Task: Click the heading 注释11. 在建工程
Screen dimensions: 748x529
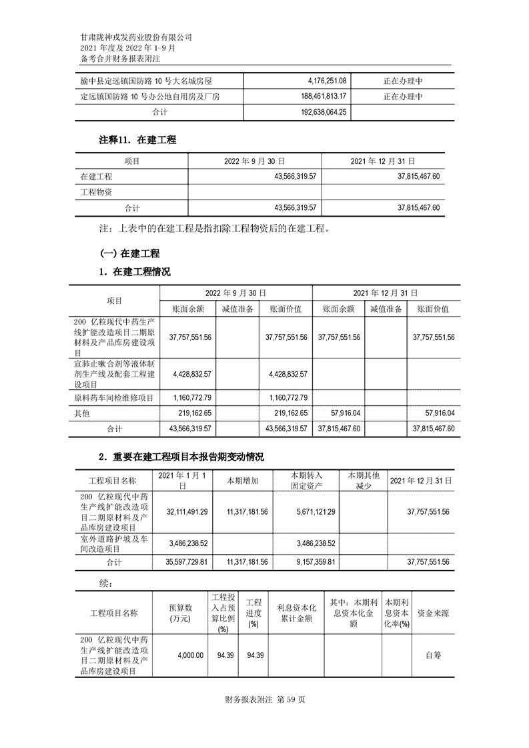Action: tap(137, 140)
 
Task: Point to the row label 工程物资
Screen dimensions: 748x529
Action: tap(96, 192)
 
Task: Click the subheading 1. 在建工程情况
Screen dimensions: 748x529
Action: tap(135, 272)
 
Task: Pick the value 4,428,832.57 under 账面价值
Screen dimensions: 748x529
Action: tap(286, 375)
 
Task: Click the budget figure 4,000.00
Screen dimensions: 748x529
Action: tap(190, 655)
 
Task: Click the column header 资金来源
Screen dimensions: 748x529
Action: tap(433, 613)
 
